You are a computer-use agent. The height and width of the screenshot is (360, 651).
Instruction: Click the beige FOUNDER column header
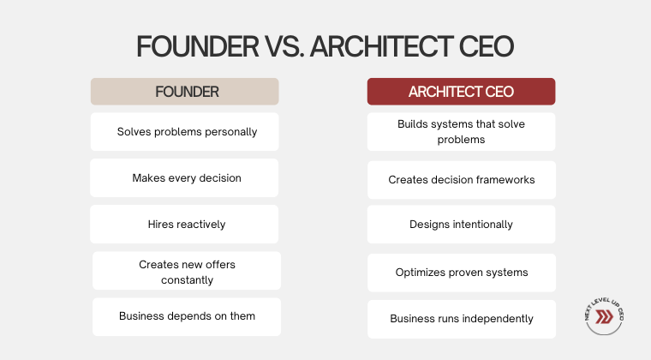point(185,92)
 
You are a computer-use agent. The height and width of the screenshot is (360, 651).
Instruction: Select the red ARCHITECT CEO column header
point(461,92)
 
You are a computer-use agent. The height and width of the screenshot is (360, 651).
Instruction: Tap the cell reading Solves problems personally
point(185,132)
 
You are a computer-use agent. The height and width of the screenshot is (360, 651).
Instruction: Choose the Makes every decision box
point(184,177)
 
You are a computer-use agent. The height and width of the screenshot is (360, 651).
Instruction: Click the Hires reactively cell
point(184,225)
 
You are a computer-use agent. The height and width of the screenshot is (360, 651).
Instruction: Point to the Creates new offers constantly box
point(187,271)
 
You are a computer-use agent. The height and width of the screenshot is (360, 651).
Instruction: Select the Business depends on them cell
point(187,317)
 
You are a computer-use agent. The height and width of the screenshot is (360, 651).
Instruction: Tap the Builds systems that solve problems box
point(461,132)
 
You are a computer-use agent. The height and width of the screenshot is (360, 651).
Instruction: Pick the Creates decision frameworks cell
point(462,180)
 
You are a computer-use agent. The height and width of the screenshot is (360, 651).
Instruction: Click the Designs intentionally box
point(461,225)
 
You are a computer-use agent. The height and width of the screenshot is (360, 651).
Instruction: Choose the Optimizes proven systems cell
point(462,273)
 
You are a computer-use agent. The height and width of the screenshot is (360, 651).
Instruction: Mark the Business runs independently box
point(462,320)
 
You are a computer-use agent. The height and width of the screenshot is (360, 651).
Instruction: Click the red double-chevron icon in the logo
point(604,317)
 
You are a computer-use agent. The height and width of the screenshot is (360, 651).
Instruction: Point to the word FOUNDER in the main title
point(198,46)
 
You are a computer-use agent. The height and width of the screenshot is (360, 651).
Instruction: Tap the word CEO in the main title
point(487,46)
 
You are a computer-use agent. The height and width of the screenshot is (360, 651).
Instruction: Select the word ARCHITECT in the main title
point(381,46)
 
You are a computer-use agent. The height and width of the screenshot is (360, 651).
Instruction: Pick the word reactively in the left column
point(201,225)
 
